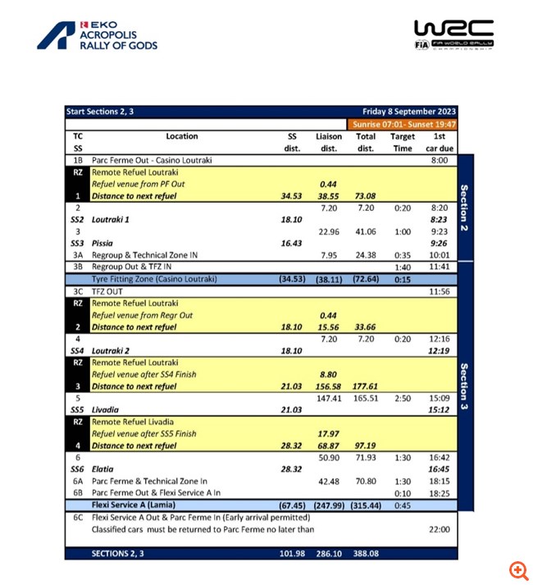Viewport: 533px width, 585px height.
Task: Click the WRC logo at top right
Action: click(453, 35)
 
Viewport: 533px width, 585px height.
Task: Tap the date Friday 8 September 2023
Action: click(409, 112)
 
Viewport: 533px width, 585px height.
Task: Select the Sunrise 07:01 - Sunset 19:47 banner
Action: click(403, 124)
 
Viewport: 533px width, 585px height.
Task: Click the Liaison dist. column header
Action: click(329, 142)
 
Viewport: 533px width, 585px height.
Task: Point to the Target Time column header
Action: click(402, 142)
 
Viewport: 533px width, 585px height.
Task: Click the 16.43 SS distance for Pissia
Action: click(292, 244)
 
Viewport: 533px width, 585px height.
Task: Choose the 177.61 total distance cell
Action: click(365, 386)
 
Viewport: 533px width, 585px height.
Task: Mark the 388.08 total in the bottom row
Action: click(365, 554)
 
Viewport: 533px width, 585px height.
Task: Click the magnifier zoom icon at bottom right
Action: click(518, 570)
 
